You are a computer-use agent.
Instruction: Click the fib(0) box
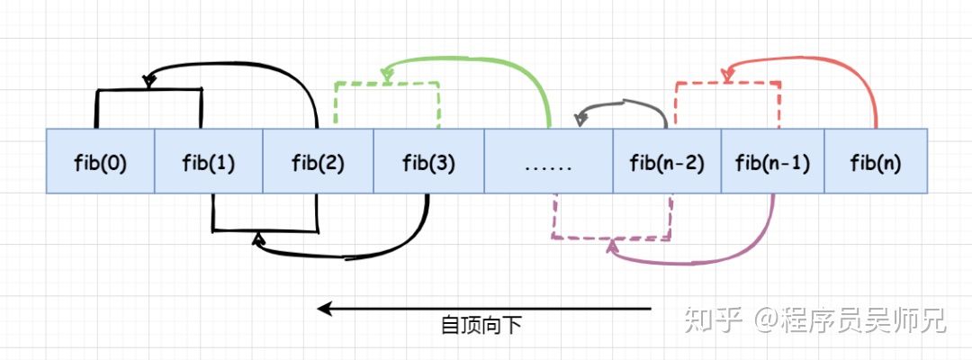click(100, 162)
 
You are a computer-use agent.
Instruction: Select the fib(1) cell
click(209, 162)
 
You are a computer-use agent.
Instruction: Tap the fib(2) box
click(318, 162)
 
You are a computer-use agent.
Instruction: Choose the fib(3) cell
click(428, 162)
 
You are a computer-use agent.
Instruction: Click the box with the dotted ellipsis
click(548, 162)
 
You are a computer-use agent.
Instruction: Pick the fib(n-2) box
click(667, 162)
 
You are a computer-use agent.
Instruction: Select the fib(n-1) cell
click(772, 162)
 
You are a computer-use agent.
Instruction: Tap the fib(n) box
click(875, 162)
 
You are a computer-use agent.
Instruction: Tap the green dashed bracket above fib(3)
click(387, 84)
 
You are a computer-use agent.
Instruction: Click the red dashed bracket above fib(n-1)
click(727, 83)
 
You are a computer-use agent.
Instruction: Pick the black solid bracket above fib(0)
click(148, 90)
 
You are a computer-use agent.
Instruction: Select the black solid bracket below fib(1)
click(265, 229)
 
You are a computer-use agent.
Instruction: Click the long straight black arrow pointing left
click(486, 309)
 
